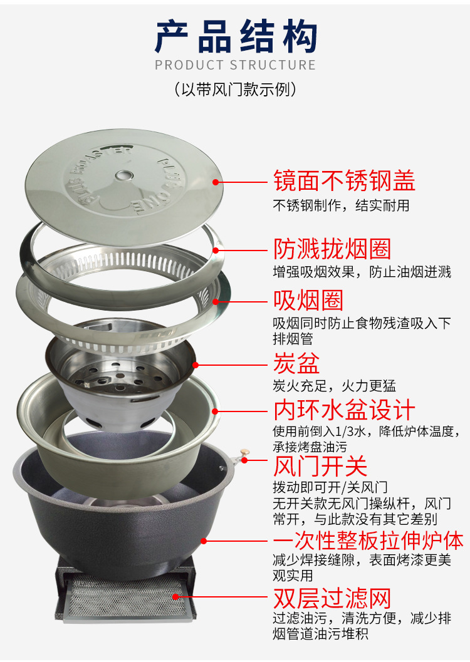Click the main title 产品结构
click(235, 37)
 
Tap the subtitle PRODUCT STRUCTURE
click(235, 65)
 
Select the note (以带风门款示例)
click(235, 89)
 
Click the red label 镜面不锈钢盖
click(344, 181)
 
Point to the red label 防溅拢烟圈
click(332, 249)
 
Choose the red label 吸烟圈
click(308, 300)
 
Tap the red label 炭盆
click(296, 363)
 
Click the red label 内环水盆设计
click(344, 410)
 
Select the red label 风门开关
click(320, 466)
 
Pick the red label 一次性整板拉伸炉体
click(368, 540)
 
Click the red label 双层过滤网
click(332, 598)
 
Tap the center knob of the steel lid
click(123, 175)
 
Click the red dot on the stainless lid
click(216, 182)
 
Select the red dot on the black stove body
click(204, 541)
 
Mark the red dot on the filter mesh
click(175, 597)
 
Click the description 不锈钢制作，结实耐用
click(341, 205)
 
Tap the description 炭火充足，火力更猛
click(335, 385)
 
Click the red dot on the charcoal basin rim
click(195, 365)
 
